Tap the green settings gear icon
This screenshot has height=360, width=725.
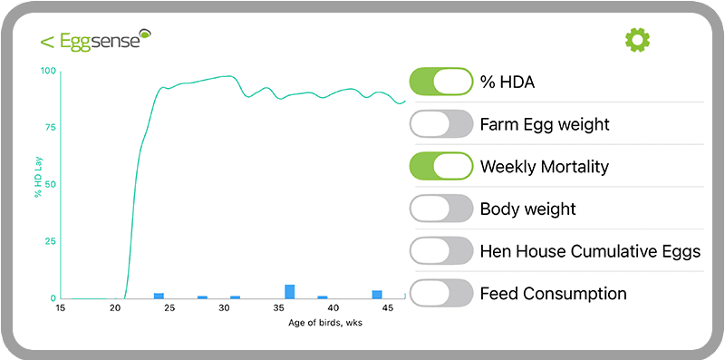[x=638, y=40]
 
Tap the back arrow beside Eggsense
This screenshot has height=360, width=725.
[x=46, y=41]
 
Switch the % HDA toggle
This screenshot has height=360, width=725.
[x=441, y=83]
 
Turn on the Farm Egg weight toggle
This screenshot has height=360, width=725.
[x=441, y=124]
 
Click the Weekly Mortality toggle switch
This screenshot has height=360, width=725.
[x=441, y=167]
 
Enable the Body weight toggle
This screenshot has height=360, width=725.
[x=441, y=209]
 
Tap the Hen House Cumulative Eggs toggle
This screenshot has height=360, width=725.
[x=441, y=251]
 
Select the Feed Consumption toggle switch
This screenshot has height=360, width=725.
[x=441, y=294]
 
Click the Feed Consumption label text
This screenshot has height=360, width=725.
[x=553, y=294]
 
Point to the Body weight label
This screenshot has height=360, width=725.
[x=527, y=209]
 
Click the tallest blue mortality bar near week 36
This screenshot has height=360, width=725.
[x=290, y=291]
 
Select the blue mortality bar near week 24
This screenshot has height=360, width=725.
[x=159, y=296]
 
